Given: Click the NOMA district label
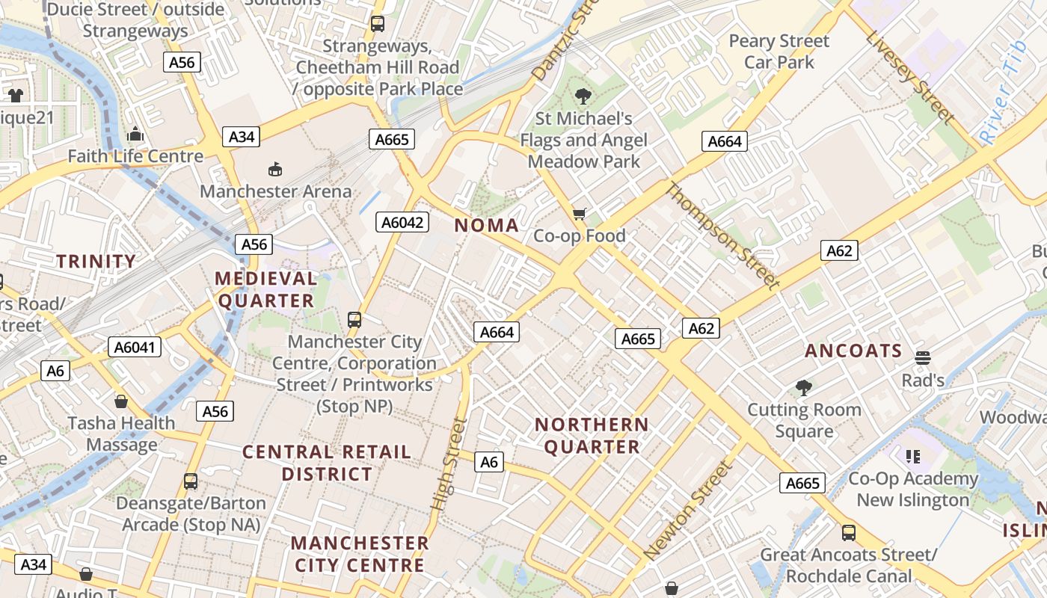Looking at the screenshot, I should tap(486, 225).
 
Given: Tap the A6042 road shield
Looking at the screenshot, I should tap(402, 222).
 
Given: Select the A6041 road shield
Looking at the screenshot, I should tap(135, 347).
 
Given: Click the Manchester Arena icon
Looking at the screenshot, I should tap(275, 169).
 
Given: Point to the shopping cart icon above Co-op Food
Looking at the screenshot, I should tap(579, 215).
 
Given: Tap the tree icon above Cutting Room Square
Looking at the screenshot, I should tap(804, 387).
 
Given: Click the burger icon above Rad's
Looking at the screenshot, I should tap(922, 357).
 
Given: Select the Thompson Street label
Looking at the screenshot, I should tap(722, 235).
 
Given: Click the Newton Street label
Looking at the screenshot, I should tap(686, 511).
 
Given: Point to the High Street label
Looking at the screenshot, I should tap(449, 464).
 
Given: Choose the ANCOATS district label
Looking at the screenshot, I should tap(853, 351).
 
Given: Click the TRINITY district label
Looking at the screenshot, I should tap(96, 262).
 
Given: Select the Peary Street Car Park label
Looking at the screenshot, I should tap(779, 51).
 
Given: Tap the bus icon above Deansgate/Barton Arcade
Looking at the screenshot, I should tap(191, 481).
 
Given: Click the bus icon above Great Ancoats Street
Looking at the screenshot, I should tap(848, 532).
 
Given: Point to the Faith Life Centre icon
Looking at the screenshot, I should tap(135, 135).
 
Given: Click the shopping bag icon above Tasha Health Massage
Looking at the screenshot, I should tap(120, 401).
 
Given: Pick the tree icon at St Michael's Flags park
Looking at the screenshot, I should tap(583, 96).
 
